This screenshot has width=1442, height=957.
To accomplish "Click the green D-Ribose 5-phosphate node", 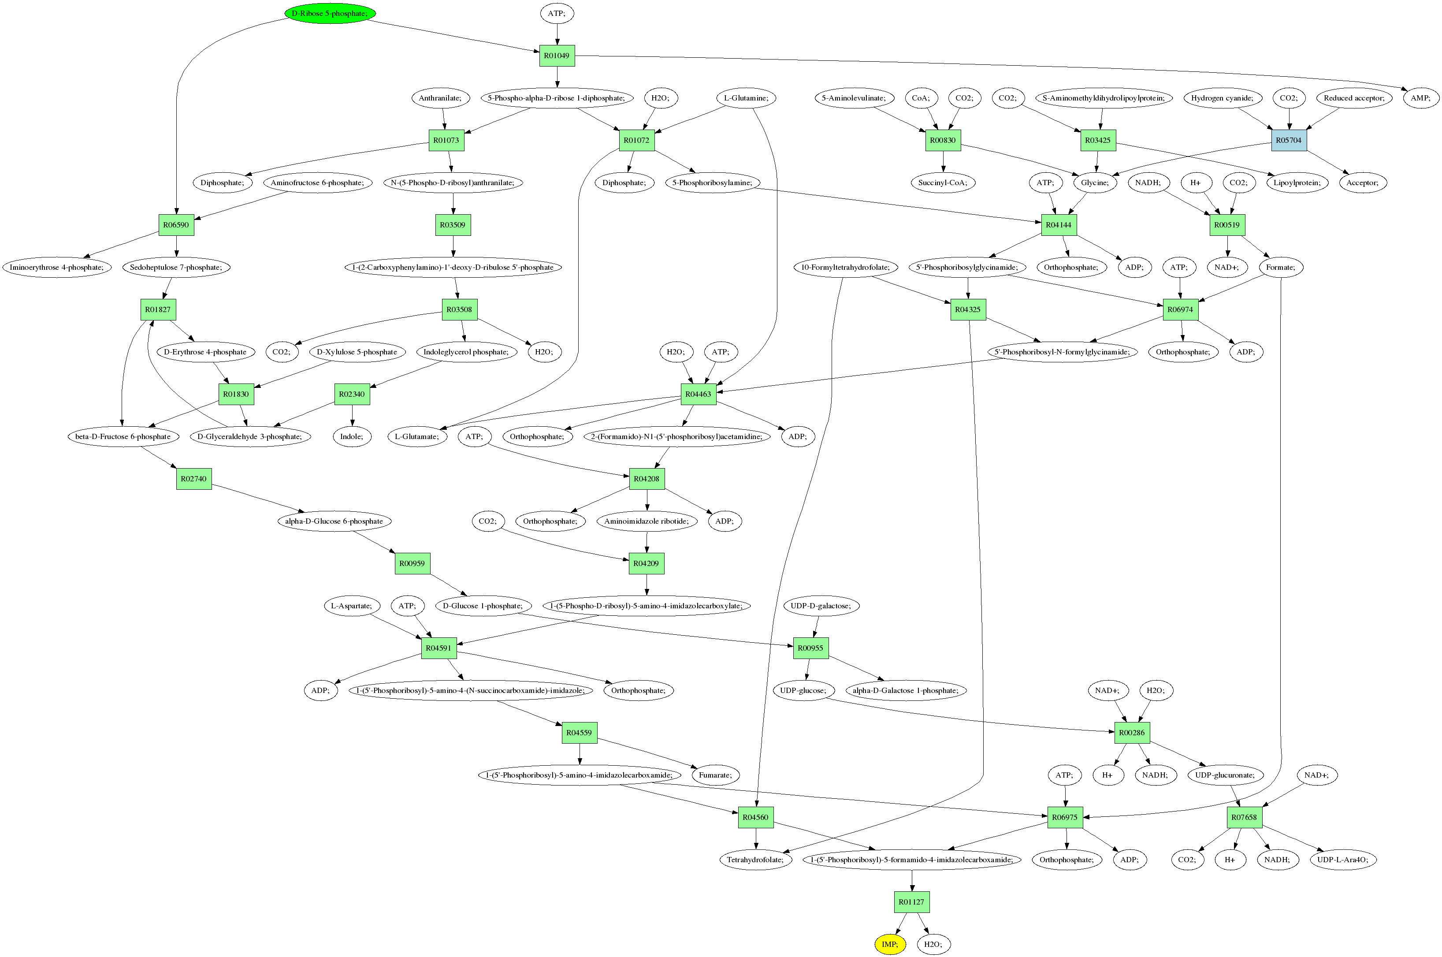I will tap(330, 13).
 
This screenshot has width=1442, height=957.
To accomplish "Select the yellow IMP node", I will tap(890, 944).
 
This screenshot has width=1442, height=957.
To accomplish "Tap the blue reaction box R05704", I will tap(1288, 140).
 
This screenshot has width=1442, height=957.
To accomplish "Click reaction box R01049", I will tap(557, 56).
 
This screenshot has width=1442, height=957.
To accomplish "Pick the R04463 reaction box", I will tap(698, 394).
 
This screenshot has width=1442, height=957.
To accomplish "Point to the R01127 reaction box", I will tap(911, 902).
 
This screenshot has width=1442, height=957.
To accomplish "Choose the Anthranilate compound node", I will tap(440, 98).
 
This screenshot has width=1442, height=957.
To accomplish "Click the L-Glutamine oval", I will tap(746, 98).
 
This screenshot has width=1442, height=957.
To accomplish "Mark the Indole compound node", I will tap(352, 436).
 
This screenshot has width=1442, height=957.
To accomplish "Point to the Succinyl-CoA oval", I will tap(942, 182).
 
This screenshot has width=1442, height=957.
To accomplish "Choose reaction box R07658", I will tap(1244, 817).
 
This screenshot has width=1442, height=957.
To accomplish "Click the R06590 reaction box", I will tap(176, 225).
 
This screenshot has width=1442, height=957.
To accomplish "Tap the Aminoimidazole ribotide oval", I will tap(646, 521).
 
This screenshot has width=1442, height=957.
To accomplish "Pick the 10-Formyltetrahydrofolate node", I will tap(845, 267).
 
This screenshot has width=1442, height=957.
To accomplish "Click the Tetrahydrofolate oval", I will tap(755, 859).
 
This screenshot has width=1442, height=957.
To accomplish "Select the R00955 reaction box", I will tap(810, 648).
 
